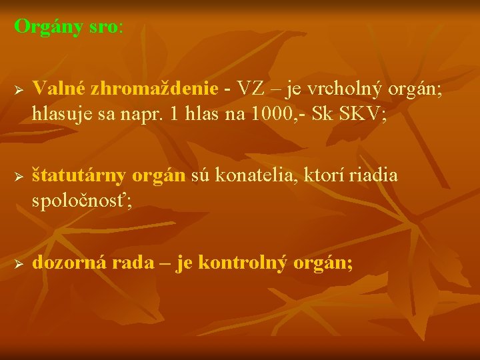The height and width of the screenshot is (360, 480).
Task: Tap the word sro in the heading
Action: [x=103, y=27]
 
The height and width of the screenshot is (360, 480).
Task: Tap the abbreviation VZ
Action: [x=249, y=88]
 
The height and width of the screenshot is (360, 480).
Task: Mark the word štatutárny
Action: [x=79, y=176]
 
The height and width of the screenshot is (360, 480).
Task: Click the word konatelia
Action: [x=260, y=175]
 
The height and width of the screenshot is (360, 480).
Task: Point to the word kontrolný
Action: [x=247, y=263]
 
